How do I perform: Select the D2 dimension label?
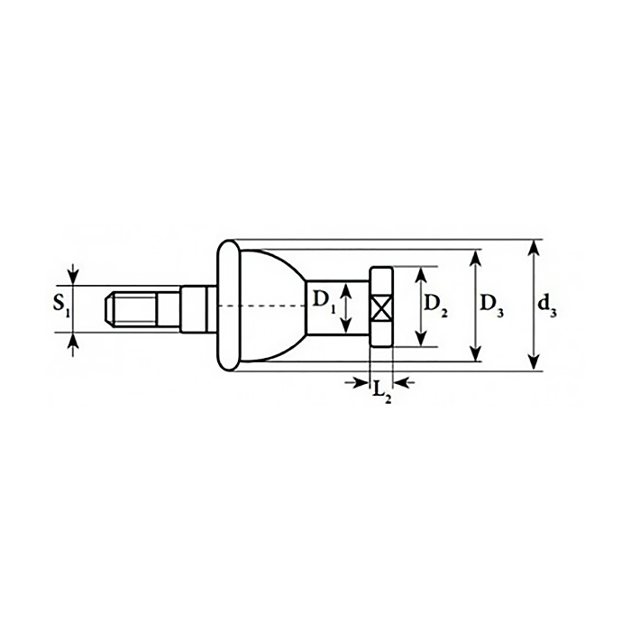point(435,306)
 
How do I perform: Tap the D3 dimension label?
point(492,306)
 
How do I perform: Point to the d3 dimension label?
point(548,306)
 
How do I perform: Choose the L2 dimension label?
point(381,391)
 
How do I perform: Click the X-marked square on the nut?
point(380,308)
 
